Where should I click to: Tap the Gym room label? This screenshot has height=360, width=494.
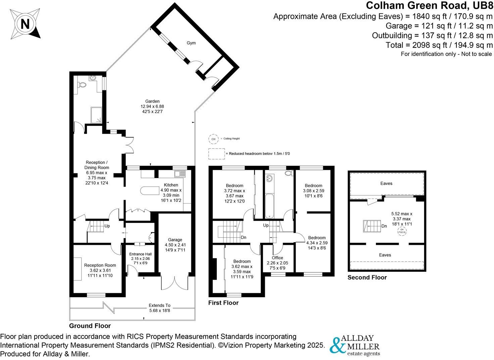[x=191, y=43]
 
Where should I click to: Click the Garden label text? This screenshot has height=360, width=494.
[x=152, y=101]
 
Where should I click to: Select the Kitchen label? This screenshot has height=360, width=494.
[x=171, y=185]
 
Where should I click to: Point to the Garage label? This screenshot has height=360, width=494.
[x=175, y=240]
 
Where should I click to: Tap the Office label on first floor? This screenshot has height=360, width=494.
[x=277, y=258]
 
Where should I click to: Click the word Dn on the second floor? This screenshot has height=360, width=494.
[x=384, y=226]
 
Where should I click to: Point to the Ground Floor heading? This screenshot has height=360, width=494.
[x=90, y=326]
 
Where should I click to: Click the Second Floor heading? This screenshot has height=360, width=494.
[x=367, y=277]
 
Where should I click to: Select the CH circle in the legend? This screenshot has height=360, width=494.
[x=213, y=139]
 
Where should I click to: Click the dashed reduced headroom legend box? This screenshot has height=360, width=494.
[x=216, y=154]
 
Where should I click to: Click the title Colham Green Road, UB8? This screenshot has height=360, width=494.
[x=429, y=6]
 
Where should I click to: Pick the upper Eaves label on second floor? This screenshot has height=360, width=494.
[x=386, y=183]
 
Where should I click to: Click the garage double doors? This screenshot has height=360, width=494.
[x=175, y=283]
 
